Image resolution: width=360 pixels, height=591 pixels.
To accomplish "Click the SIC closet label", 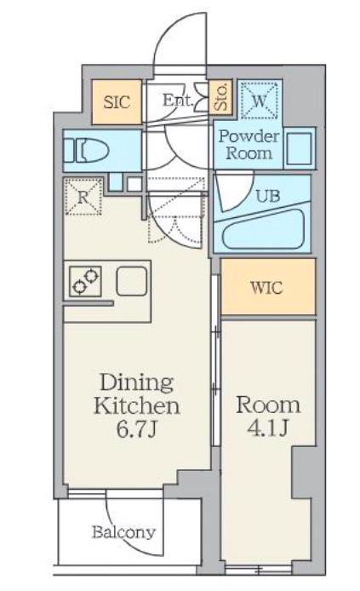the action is (117, 102).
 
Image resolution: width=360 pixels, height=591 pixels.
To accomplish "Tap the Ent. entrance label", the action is (178, 100).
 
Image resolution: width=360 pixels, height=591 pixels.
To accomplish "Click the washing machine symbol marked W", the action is (259, 100).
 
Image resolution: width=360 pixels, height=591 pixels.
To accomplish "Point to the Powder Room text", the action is (249, 145).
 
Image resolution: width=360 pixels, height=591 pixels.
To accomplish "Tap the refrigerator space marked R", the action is (83, 197).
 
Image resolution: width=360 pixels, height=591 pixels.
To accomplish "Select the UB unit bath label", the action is (268, 196).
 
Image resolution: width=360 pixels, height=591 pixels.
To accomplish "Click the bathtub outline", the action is (263, 230).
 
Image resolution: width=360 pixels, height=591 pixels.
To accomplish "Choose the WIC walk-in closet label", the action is (266, 288).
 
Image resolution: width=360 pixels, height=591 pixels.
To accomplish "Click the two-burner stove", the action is (85, 281).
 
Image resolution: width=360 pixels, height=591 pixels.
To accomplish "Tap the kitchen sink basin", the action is (131, 281).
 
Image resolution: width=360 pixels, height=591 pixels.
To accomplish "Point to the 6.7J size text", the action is (136, 429).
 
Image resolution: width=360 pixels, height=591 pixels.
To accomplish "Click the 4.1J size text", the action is (268, 427).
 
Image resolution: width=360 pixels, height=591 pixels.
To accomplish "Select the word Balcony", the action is (123, 533).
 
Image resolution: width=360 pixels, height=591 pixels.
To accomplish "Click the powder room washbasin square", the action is (300, 148).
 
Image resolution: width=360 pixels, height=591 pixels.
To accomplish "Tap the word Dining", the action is (137, 384).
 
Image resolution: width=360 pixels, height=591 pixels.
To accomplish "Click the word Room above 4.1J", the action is (268, 405).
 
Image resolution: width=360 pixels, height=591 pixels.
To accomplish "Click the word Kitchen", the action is (137, 406).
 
